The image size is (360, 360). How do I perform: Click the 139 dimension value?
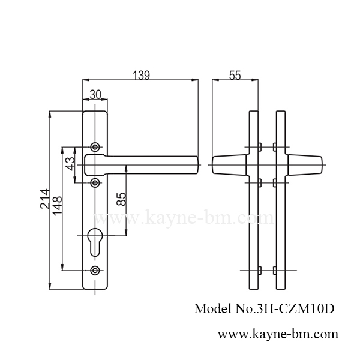coord(141,75)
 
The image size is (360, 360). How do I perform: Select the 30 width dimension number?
coord(95,94)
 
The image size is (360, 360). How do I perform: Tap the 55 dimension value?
coord(235,75)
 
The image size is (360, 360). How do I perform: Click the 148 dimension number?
coord(58,208)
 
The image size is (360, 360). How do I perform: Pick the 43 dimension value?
coord(70,164)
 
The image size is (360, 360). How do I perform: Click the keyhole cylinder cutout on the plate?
coord(95,238)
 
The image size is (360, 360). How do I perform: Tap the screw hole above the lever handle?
coord(95,147)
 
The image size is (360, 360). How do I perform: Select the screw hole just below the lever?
coord(95,182)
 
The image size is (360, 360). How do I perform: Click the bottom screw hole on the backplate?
coord(95,271)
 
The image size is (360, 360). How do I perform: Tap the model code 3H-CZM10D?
coord(295,309)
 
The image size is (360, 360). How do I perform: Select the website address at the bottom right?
coord(277,333)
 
